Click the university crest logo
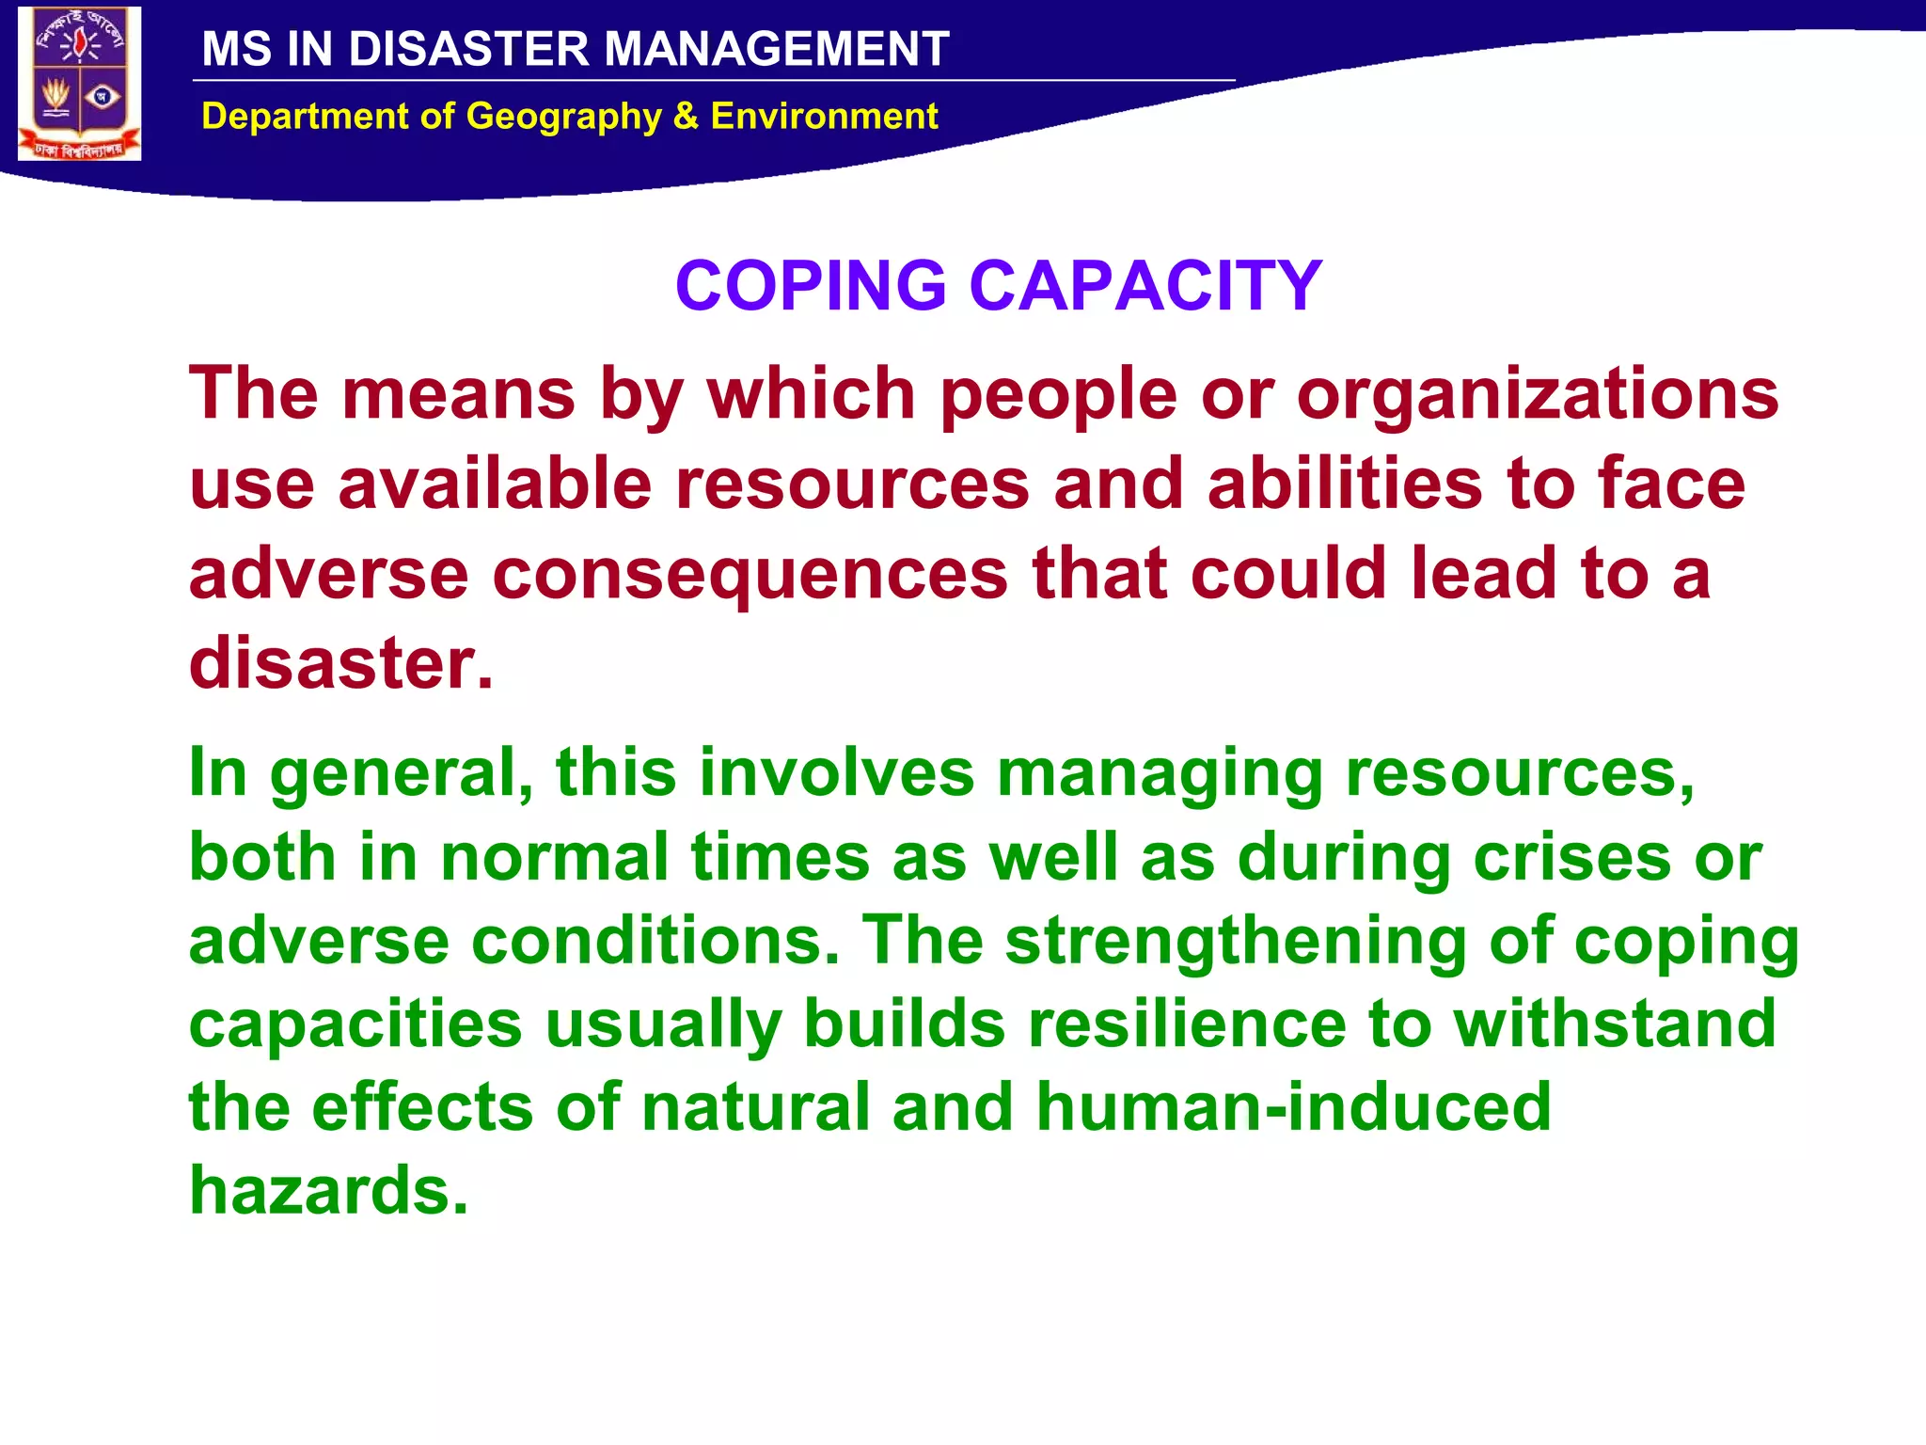(80, 85)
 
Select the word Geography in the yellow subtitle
(564, 117)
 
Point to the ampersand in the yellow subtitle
(686, 117)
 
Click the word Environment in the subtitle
(824, 117)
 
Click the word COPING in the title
(811, 285)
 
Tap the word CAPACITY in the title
(1145, 285)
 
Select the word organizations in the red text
(1538, 393)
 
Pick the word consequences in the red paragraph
(750, 574)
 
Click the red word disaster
(340, 663)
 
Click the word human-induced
(1293, 1107)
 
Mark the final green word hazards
(328, 1190)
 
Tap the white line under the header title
(715, 81)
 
